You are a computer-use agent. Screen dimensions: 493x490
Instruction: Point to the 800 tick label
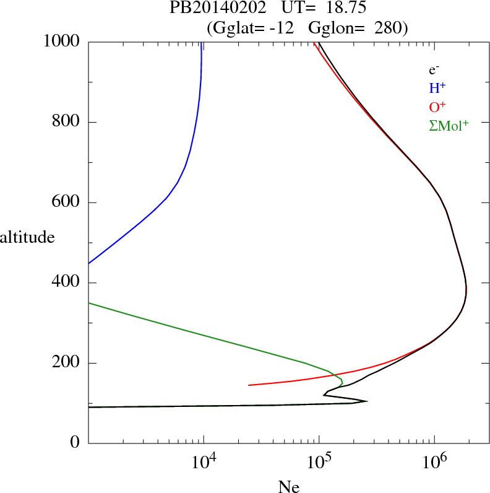click(x=67, y=122)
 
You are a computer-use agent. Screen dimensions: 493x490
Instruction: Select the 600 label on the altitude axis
click(x=67, y=203)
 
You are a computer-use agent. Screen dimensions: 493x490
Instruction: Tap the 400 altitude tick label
click(x=67, y=283)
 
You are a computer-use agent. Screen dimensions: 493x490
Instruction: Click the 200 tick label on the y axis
click(x=67, y=363)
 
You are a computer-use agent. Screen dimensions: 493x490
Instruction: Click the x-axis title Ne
click(x=288, y=487)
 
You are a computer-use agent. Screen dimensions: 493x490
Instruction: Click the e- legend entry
click(x=434, y=70)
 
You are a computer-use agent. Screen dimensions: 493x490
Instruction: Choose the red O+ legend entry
click(x=437, y=107)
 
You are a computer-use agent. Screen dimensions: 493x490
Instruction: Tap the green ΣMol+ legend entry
click(x=449, y=125)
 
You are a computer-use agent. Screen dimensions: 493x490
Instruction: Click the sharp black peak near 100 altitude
click(x=367, y=401)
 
